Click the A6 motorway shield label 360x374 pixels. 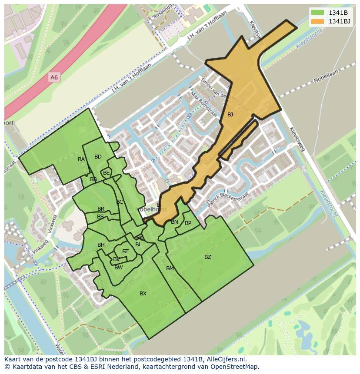[54, 77]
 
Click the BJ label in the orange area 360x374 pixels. [230, 115]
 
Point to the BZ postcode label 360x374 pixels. [208, 257]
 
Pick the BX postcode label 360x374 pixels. [143, 294]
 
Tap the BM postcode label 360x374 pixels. [170, 268]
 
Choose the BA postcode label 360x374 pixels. [81, 159]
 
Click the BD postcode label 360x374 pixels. [98, 157]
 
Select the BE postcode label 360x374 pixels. [107, 173]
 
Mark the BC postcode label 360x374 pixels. [120, 202]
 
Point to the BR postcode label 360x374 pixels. [101, 209]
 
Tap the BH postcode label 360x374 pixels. [101, 245]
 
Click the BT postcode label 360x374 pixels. [125, 252]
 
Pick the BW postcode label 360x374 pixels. [119, 268]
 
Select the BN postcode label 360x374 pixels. [174, 222]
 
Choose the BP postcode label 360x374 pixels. [188, 223]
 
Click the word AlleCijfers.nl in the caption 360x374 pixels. [227, 359]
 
